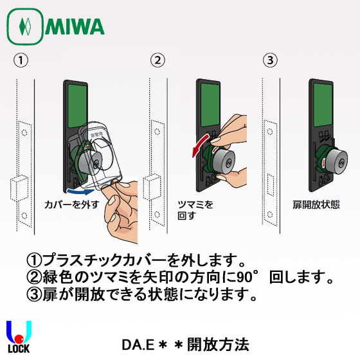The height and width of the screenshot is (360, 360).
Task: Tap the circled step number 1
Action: coord(21,62)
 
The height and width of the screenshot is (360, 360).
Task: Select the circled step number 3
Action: coord(270,62)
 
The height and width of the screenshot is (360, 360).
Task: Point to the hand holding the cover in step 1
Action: coord(119,215)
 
